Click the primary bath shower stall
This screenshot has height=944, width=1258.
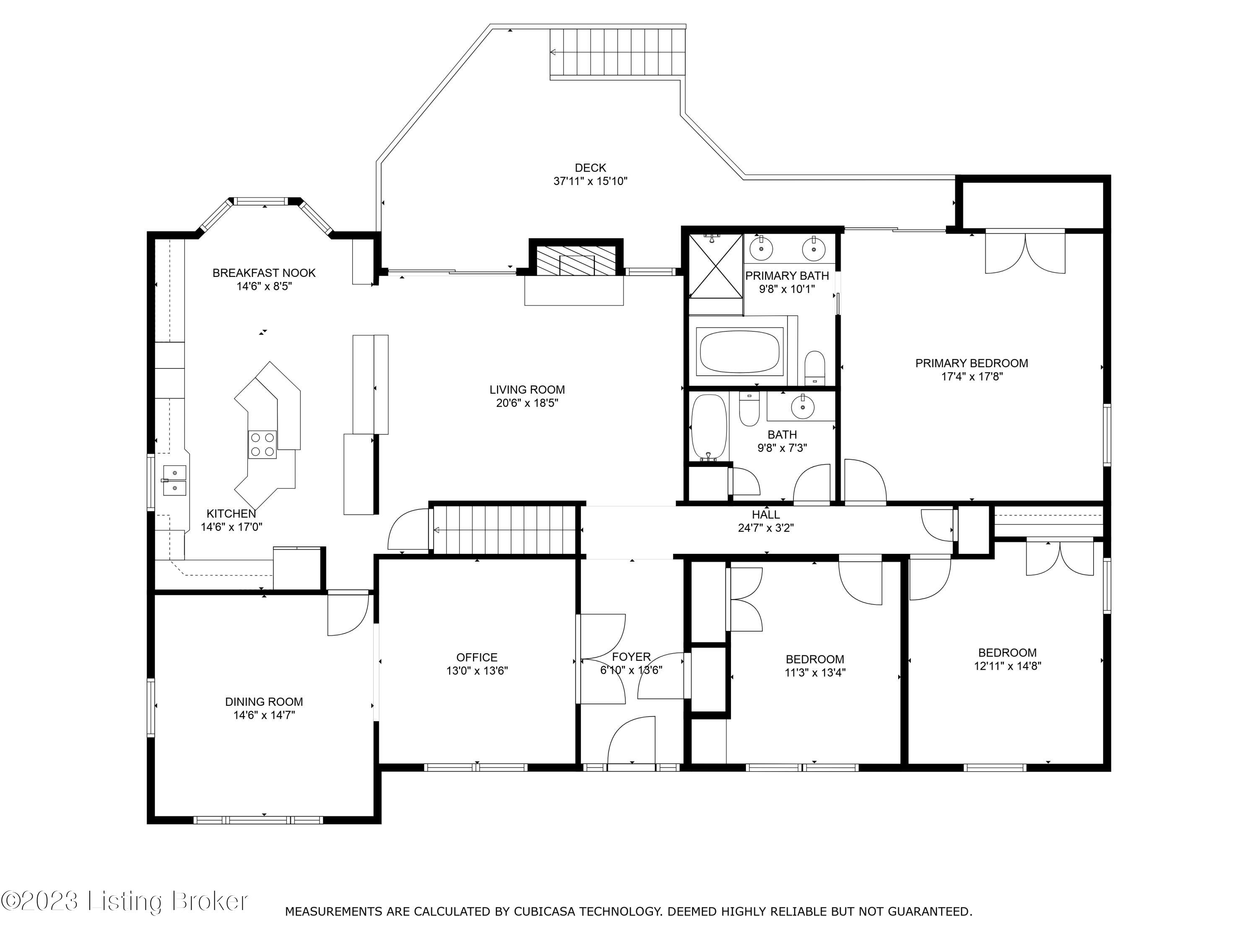pyautogui.click(x=715, y=266)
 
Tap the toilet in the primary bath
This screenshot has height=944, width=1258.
pyautogui.click(x=815, y=368)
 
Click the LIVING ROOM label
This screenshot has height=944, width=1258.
pyautogui.click(x=527, y=390)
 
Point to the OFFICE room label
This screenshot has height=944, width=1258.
pyautogui.click(x=477, y=657)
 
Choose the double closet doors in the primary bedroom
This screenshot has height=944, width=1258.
pyautogui.click(x=1025, y=252)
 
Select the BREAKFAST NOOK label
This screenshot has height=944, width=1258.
pyautogui.click(x=264, y=273)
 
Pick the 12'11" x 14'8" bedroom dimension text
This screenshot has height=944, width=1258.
pyautogui.click(x=1007, y=666)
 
